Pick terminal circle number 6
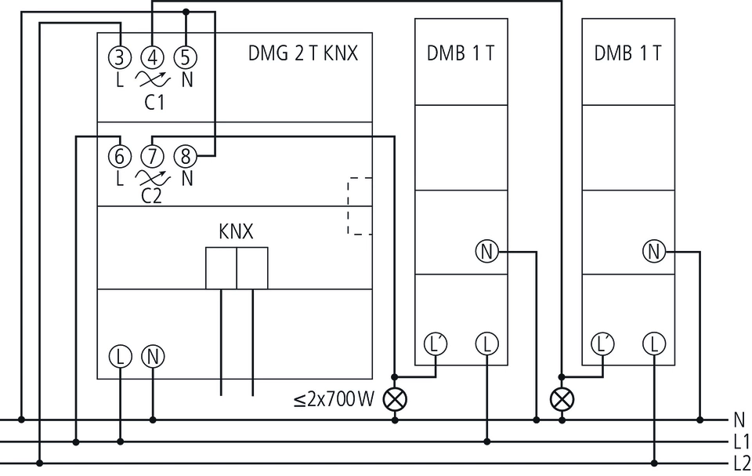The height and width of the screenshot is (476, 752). [120, 156]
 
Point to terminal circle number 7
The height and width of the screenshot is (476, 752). [153, 156]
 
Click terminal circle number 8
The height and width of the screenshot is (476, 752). [186, 156]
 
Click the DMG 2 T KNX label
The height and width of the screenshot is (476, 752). [303, 53]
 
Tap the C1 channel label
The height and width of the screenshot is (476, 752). [154, 102]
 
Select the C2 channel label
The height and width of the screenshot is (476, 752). [151, 196]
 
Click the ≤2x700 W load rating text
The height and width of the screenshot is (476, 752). [334, 399]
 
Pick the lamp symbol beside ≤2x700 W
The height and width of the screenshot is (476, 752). [395, 399]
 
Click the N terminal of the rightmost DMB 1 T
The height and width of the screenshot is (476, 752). [654, 251]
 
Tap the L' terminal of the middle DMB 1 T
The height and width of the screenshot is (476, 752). [436, 344]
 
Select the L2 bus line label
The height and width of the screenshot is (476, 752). [742, 463]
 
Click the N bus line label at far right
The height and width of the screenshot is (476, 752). [739, 420]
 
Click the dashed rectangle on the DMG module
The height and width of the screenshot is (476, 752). [360, 206]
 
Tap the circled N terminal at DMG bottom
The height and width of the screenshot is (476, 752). [153, 357]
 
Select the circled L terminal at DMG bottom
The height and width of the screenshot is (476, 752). [121, 357]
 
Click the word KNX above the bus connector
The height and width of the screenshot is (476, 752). [236, 231]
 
